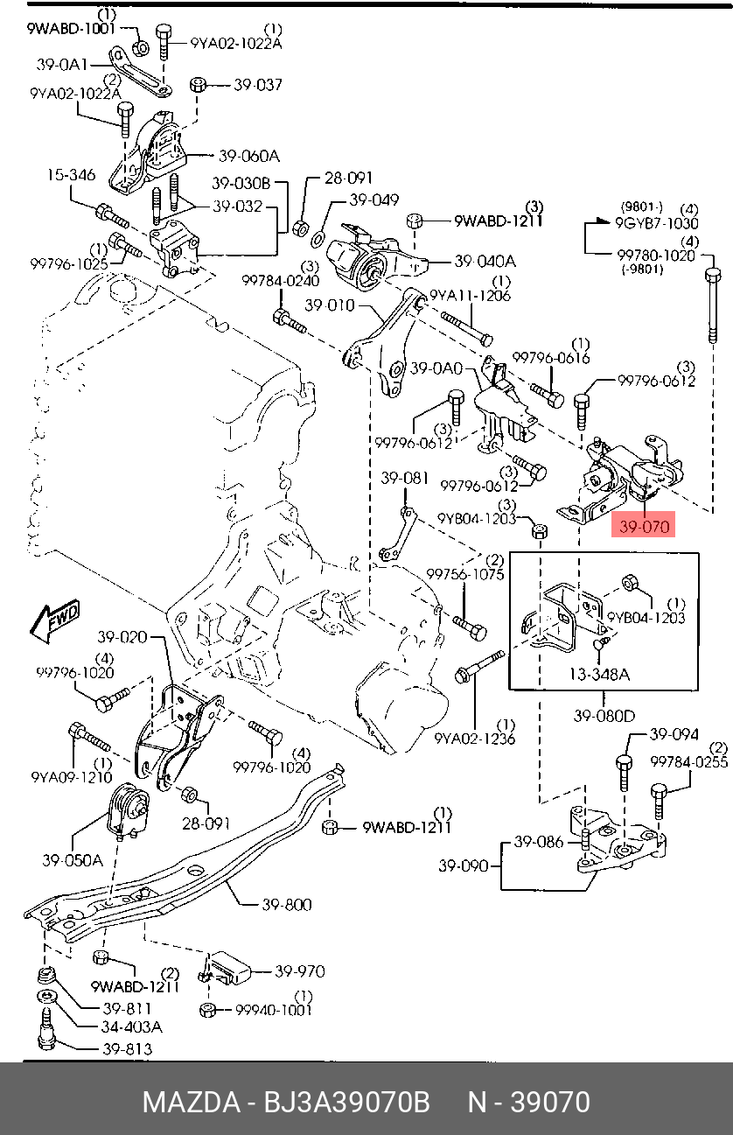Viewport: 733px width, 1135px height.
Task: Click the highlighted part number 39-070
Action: pyautogui.click(x=645, y=527)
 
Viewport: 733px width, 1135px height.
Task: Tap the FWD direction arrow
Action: pyautogui.click(x=54, y=619)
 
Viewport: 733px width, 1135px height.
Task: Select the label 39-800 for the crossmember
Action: pyautogui.click(x=287, y=904)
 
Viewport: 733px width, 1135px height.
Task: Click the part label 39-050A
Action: pyautogui.click(x=73, y=860)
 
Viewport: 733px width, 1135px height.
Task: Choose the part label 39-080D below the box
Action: pyautogui.click(x=604, y=717)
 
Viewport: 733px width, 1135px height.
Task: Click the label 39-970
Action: pyautogui.click(x=299, y=971)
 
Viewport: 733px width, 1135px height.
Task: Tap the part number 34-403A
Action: pyautogui.click(x=132, y=1026)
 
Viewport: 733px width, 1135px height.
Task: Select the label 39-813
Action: pyautogui.click(x=127, y=1048)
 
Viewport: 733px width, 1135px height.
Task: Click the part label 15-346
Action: pyautogui.click(x=71, y=176)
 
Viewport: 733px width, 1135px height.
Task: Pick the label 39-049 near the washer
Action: pyautogui.click(x=374, y=200)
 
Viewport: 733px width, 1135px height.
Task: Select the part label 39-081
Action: pyautogui.click(x=404, y=479)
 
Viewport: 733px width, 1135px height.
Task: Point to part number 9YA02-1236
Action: pyautogui.click(x=475, y=738)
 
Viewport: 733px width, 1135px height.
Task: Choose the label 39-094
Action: pyautogui.click(x=674, y=735)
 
